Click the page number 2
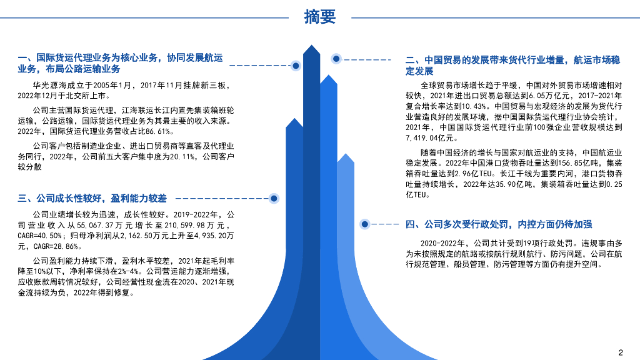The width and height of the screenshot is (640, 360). coord(621,351)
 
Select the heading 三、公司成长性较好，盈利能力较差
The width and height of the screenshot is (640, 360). coord(92,199)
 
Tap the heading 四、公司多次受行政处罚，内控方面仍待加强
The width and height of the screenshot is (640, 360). coord(499,224)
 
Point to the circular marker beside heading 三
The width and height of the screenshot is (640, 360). coord(273,198)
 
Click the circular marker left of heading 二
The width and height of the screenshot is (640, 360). coord(336,59)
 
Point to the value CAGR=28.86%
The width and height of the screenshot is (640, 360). coord(65,246)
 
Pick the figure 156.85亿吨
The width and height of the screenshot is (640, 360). coord(556,162)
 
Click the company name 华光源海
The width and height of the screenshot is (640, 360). coord(52,85)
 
